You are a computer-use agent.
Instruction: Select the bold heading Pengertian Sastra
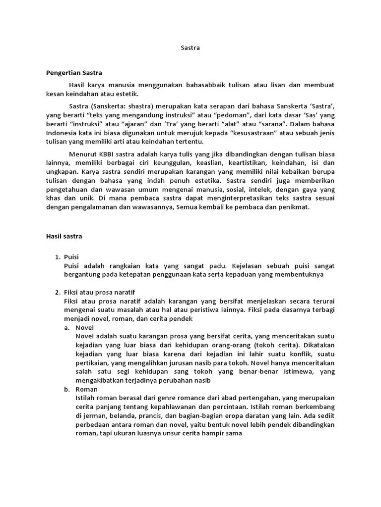tap(73, 72)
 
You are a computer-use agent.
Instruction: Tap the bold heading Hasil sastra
tap(64, 236)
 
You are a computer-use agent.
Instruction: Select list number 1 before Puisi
tap(58, 256)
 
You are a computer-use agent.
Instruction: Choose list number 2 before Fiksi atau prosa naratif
tap(58, 292)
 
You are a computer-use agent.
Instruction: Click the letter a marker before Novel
tap(66, 327)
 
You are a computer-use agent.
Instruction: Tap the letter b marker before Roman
tap(66, 389)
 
